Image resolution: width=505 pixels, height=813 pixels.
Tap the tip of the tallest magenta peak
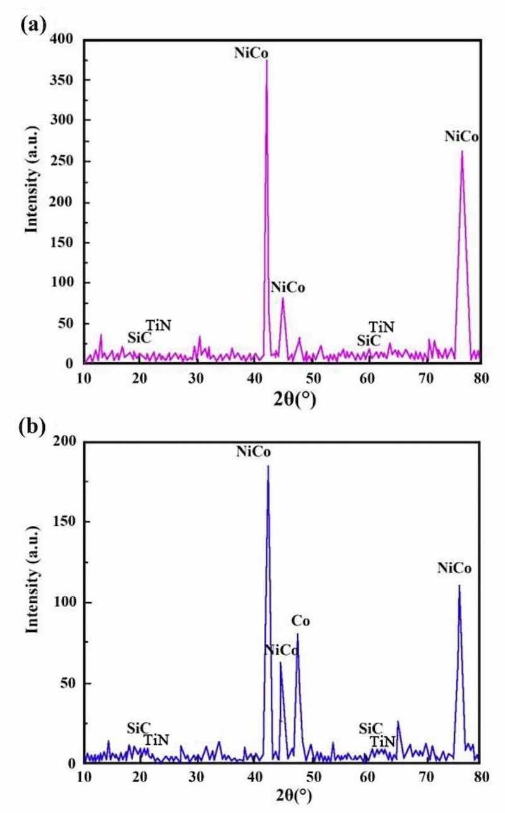pos(266,61)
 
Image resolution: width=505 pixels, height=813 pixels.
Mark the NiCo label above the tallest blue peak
pos(253,452)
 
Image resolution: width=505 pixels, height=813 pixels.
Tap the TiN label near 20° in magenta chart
pos(158,325)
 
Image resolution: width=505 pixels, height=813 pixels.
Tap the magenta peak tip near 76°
pos(462,151)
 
